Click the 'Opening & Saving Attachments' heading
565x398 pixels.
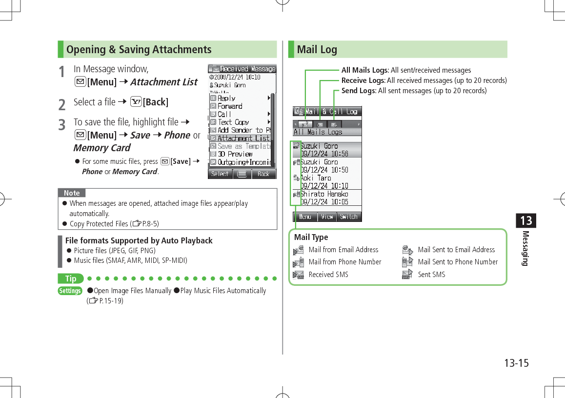point(139,49)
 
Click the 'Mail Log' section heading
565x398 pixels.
point(317,49)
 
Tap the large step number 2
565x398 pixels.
point(61,104)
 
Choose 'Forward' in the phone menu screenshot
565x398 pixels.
point(230,106)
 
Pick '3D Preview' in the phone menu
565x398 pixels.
point(235,154)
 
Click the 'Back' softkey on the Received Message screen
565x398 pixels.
point(263,174)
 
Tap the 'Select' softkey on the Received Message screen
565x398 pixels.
point(220,174)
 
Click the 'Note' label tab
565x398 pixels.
point(72,193)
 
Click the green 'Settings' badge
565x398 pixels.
point(70,291)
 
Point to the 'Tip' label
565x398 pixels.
point(71,279)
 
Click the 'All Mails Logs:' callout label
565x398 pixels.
point(365,70)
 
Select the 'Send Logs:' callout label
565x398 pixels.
point(359,91)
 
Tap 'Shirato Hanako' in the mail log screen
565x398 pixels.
point(324,194)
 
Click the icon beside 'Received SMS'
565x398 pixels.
point(298,275)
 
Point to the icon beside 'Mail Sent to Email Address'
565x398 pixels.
point(407,250)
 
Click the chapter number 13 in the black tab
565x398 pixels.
point(525,220)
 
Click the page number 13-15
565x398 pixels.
point(516,363)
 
